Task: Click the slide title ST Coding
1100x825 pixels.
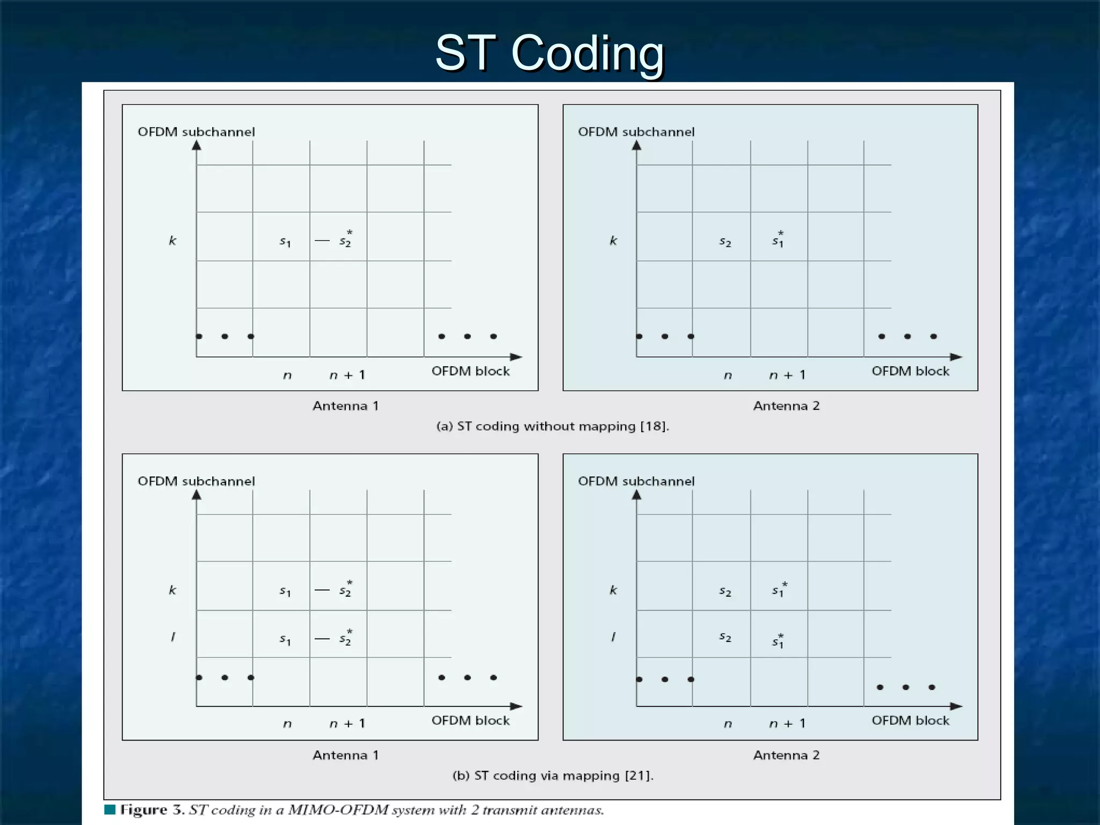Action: click(549, 53)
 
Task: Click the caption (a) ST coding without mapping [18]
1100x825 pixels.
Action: click(553, 426)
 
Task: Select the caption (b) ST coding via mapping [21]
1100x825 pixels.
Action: click(553, 776)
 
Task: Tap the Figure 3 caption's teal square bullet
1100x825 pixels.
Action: click(110, 809)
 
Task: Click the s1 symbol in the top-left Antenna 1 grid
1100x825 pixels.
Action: click(285, 242)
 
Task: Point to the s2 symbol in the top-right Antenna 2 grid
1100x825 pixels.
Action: click(725, 242)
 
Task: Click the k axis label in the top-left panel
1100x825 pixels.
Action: click(172, 241)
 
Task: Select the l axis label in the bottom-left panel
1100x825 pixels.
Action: click(172, 637)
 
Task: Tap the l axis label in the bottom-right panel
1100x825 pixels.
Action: click(613, 637)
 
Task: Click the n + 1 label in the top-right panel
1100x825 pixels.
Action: click(787, 375)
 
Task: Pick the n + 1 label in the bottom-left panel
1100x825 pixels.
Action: click(347, 724)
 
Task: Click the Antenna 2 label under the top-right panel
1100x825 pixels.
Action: click(786, 406)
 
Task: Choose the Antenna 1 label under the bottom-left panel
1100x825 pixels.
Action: click(346, 755)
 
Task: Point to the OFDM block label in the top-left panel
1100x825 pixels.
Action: click(471, 371)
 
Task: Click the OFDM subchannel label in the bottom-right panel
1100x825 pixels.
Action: click(636, 481)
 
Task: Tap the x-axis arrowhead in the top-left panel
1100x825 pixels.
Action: click(516, 357)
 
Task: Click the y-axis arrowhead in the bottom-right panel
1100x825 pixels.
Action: click(636, 495)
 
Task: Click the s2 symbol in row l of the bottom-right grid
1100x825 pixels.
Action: click(725, 638)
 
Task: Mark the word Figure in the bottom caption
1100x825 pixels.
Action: click(143, 810)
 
